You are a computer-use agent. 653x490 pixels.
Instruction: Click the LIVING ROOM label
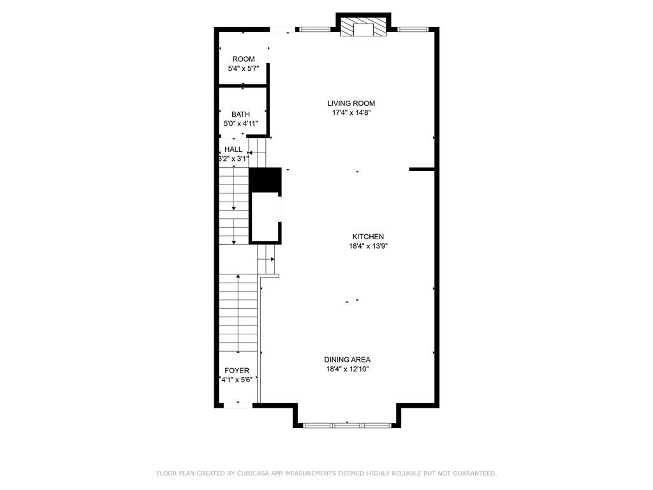click(351, 103)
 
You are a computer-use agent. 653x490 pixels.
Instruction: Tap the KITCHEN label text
click(368, 237)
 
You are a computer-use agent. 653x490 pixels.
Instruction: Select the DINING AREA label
click(348, 360)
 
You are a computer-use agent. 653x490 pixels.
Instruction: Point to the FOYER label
click(237, 371)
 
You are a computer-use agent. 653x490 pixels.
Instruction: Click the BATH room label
click(240, 114)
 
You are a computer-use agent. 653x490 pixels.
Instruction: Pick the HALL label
click(233, 149)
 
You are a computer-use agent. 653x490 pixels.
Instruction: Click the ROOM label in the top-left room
click(244, 59)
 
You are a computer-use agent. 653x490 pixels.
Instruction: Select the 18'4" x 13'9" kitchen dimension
click(369, 246)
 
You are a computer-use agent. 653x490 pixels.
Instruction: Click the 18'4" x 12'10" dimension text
click(348, 369)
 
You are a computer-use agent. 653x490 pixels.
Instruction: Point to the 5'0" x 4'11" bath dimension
click(240, 123)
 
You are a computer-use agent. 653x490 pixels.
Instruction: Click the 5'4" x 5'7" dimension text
click(244, 68)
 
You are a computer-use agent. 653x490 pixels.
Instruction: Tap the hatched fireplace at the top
click(363, 27)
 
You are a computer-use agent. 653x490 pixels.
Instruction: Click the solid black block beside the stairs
click(265, 180)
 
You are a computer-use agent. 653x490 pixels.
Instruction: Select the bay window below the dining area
click(347, 426)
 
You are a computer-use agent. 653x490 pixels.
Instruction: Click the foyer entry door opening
click(238, 405)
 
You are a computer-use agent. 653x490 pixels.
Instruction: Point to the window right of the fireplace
click(413, 29)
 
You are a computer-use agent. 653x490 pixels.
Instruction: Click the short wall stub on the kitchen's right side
click(422, 169)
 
